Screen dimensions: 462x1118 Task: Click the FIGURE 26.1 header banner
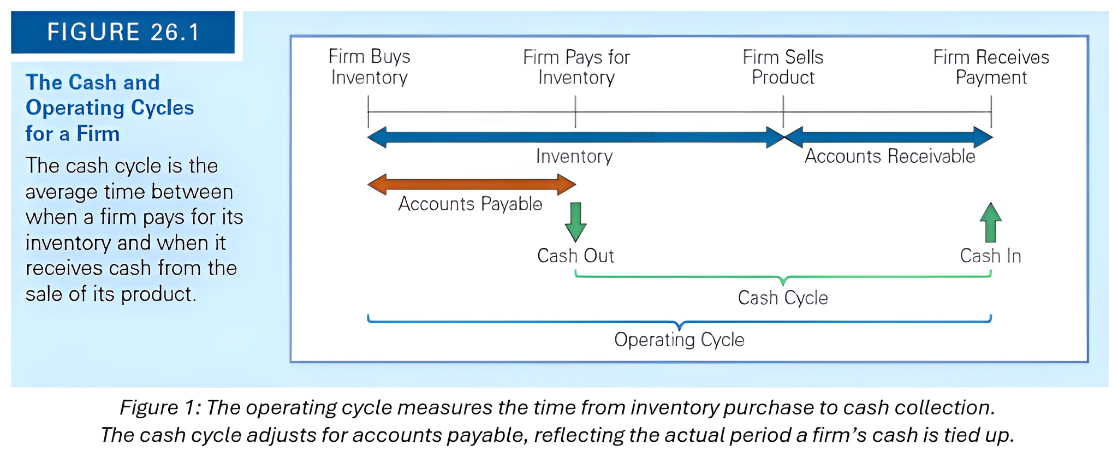point(123,32)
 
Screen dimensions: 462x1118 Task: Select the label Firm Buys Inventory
point(369,67)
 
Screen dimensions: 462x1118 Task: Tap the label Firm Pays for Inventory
point(576,67)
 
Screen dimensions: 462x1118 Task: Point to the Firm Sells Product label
point(783,67)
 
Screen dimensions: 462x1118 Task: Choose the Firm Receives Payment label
point(991,67)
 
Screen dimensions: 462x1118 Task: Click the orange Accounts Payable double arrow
point(471,185)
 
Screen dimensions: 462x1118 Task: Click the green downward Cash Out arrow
point(575,222)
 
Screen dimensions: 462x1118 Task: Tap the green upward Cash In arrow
point(990,222)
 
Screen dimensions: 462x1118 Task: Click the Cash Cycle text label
point(783,298)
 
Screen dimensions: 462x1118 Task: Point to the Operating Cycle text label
point(679,340)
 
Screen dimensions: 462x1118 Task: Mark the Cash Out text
point(575,256)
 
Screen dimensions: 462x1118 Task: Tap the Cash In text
point(990,256)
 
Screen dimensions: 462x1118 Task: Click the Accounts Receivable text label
point(890,156)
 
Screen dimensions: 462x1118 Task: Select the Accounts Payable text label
point(470,204)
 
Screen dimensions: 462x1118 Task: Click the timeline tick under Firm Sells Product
point(783,111)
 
